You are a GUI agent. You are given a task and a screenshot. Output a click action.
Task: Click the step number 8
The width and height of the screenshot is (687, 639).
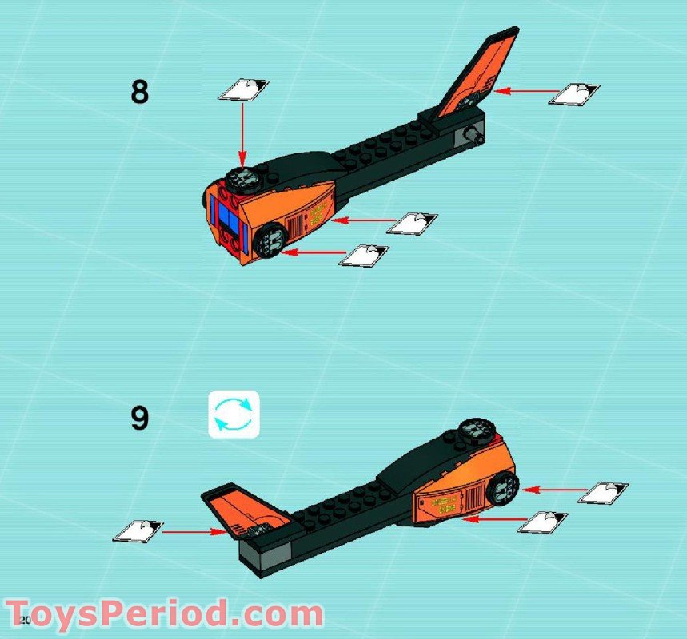pos(140,93)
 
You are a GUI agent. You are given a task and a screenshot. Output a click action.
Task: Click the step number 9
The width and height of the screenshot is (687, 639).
pos(140,418)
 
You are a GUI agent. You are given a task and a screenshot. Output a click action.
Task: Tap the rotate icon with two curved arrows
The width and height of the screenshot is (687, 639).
pos(234,414)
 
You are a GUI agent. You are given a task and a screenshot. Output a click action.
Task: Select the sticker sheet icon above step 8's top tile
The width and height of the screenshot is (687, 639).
pos(243,89)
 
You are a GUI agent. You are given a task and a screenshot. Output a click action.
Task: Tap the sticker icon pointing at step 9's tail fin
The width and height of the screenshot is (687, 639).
pos(138,530)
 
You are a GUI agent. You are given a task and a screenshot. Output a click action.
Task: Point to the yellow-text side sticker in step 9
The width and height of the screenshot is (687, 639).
pos(442,504)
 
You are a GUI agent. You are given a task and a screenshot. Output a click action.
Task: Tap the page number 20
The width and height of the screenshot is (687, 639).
pos(23,621)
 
